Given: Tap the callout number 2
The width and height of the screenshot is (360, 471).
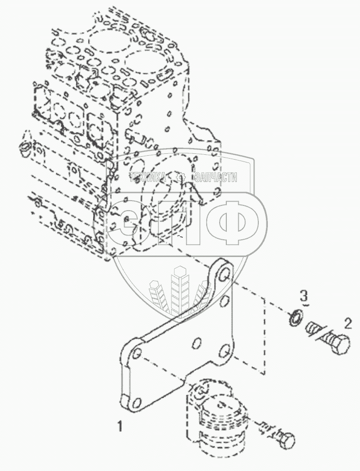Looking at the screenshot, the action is pos(348,324).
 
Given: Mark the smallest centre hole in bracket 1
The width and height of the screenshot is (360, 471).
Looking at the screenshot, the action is pos(195,343).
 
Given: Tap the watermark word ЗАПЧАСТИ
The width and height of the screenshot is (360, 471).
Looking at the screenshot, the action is pos(214,178).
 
